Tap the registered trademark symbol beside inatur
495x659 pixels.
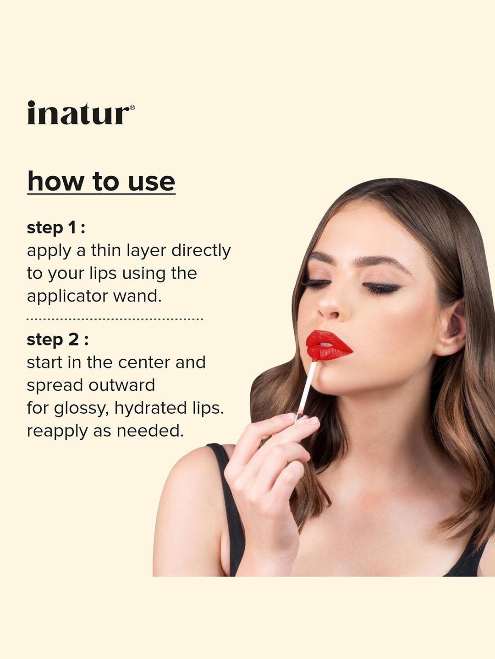pyautogui.click(x=132, y=107)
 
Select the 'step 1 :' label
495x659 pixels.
pyautogui.click(x=56, y=228)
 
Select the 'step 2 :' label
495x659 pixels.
pyautogui.click(x=57, y=340)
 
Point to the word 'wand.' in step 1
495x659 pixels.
pyautogui.click(x=137, y=296)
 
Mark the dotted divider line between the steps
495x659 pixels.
pyautogui.click(x=115, y=319)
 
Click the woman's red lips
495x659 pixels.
pyautogui.click(x=328, y=345)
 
